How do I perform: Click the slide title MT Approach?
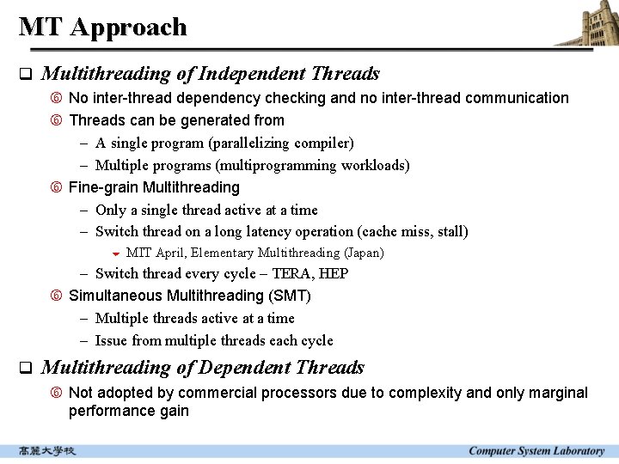(102, 27)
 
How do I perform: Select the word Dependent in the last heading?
(244, 368)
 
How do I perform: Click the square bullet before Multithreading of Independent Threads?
(25, 75)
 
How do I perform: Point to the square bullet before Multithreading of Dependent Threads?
(25, 369)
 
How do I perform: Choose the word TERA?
(292, 274)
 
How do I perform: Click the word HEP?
(334, 274)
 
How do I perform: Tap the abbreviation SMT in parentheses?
(290, 296)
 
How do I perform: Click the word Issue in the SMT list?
(112, 340)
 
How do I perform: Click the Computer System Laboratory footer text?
(536, 451)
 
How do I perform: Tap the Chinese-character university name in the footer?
(47, 451)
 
